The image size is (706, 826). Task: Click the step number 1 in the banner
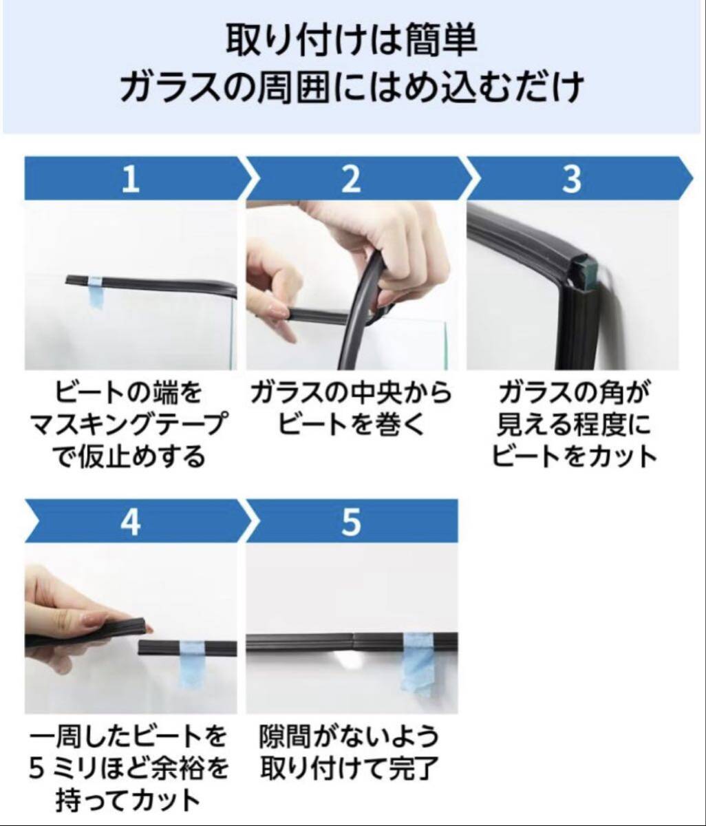(131, 180)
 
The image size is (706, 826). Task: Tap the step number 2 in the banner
(351, 180)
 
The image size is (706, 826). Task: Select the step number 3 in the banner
(572, 180)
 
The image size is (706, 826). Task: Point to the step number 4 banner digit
(131, 522)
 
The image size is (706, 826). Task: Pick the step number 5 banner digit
(351, 522)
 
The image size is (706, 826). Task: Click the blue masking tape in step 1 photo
(96, 292)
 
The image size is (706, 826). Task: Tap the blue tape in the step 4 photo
(192, 664)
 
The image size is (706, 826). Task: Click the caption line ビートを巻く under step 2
(350, 425)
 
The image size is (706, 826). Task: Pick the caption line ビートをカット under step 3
(574, 456)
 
